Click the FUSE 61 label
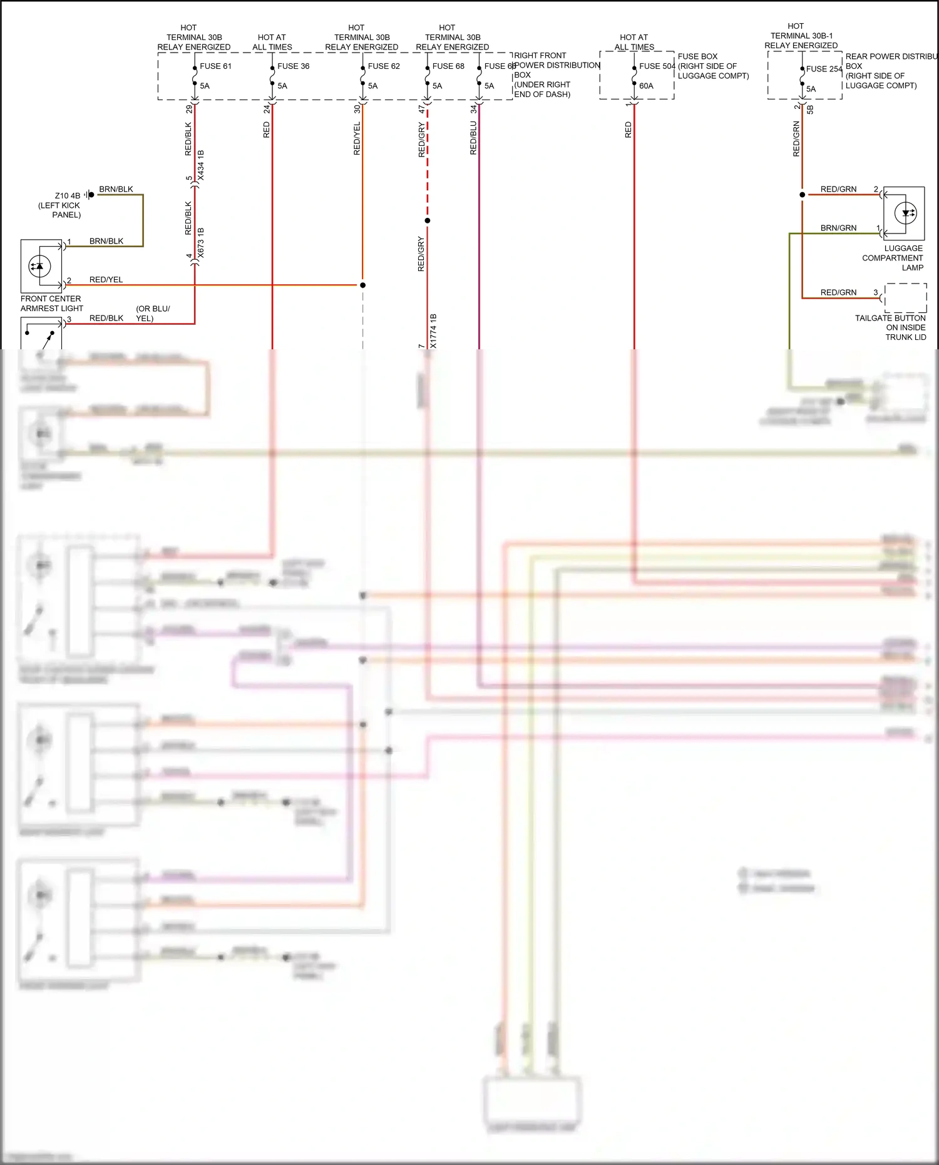215,66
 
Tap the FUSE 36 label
293,66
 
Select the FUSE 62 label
383,66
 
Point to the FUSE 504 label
657,66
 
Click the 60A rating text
646,86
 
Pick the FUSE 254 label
824,69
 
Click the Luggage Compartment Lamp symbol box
904,213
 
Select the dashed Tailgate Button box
905,298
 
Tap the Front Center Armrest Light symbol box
41,266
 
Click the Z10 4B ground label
67,196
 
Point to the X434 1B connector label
201,166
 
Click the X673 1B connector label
201,244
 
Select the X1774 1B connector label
433,331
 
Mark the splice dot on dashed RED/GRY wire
428,221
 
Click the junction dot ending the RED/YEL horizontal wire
362,285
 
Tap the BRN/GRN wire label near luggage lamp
838,228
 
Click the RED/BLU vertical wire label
473,138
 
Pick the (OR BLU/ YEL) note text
152,314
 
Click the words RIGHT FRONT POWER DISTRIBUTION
556,61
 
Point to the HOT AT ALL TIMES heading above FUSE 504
634,43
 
